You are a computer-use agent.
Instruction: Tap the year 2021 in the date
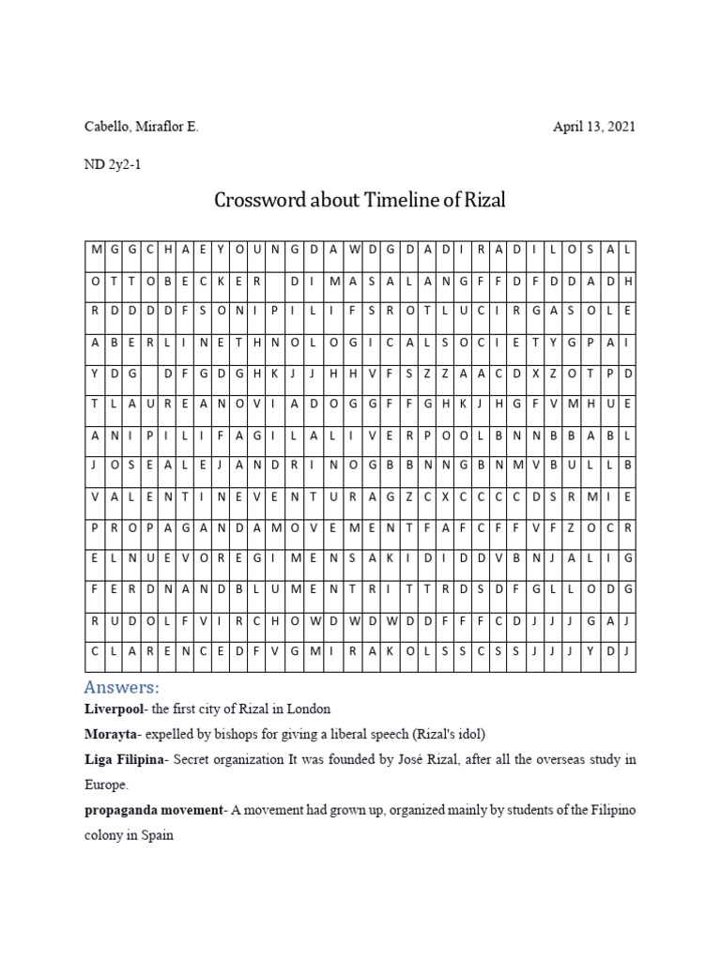click(x=618, y=127)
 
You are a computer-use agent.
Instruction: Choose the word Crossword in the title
click(x=258, y=201)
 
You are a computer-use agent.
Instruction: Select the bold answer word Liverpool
click(x=115, y=709)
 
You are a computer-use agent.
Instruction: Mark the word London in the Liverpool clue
click(x=309, y=709)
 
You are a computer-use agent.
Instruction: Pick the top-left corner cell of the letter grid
click(x=96, y=251)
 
